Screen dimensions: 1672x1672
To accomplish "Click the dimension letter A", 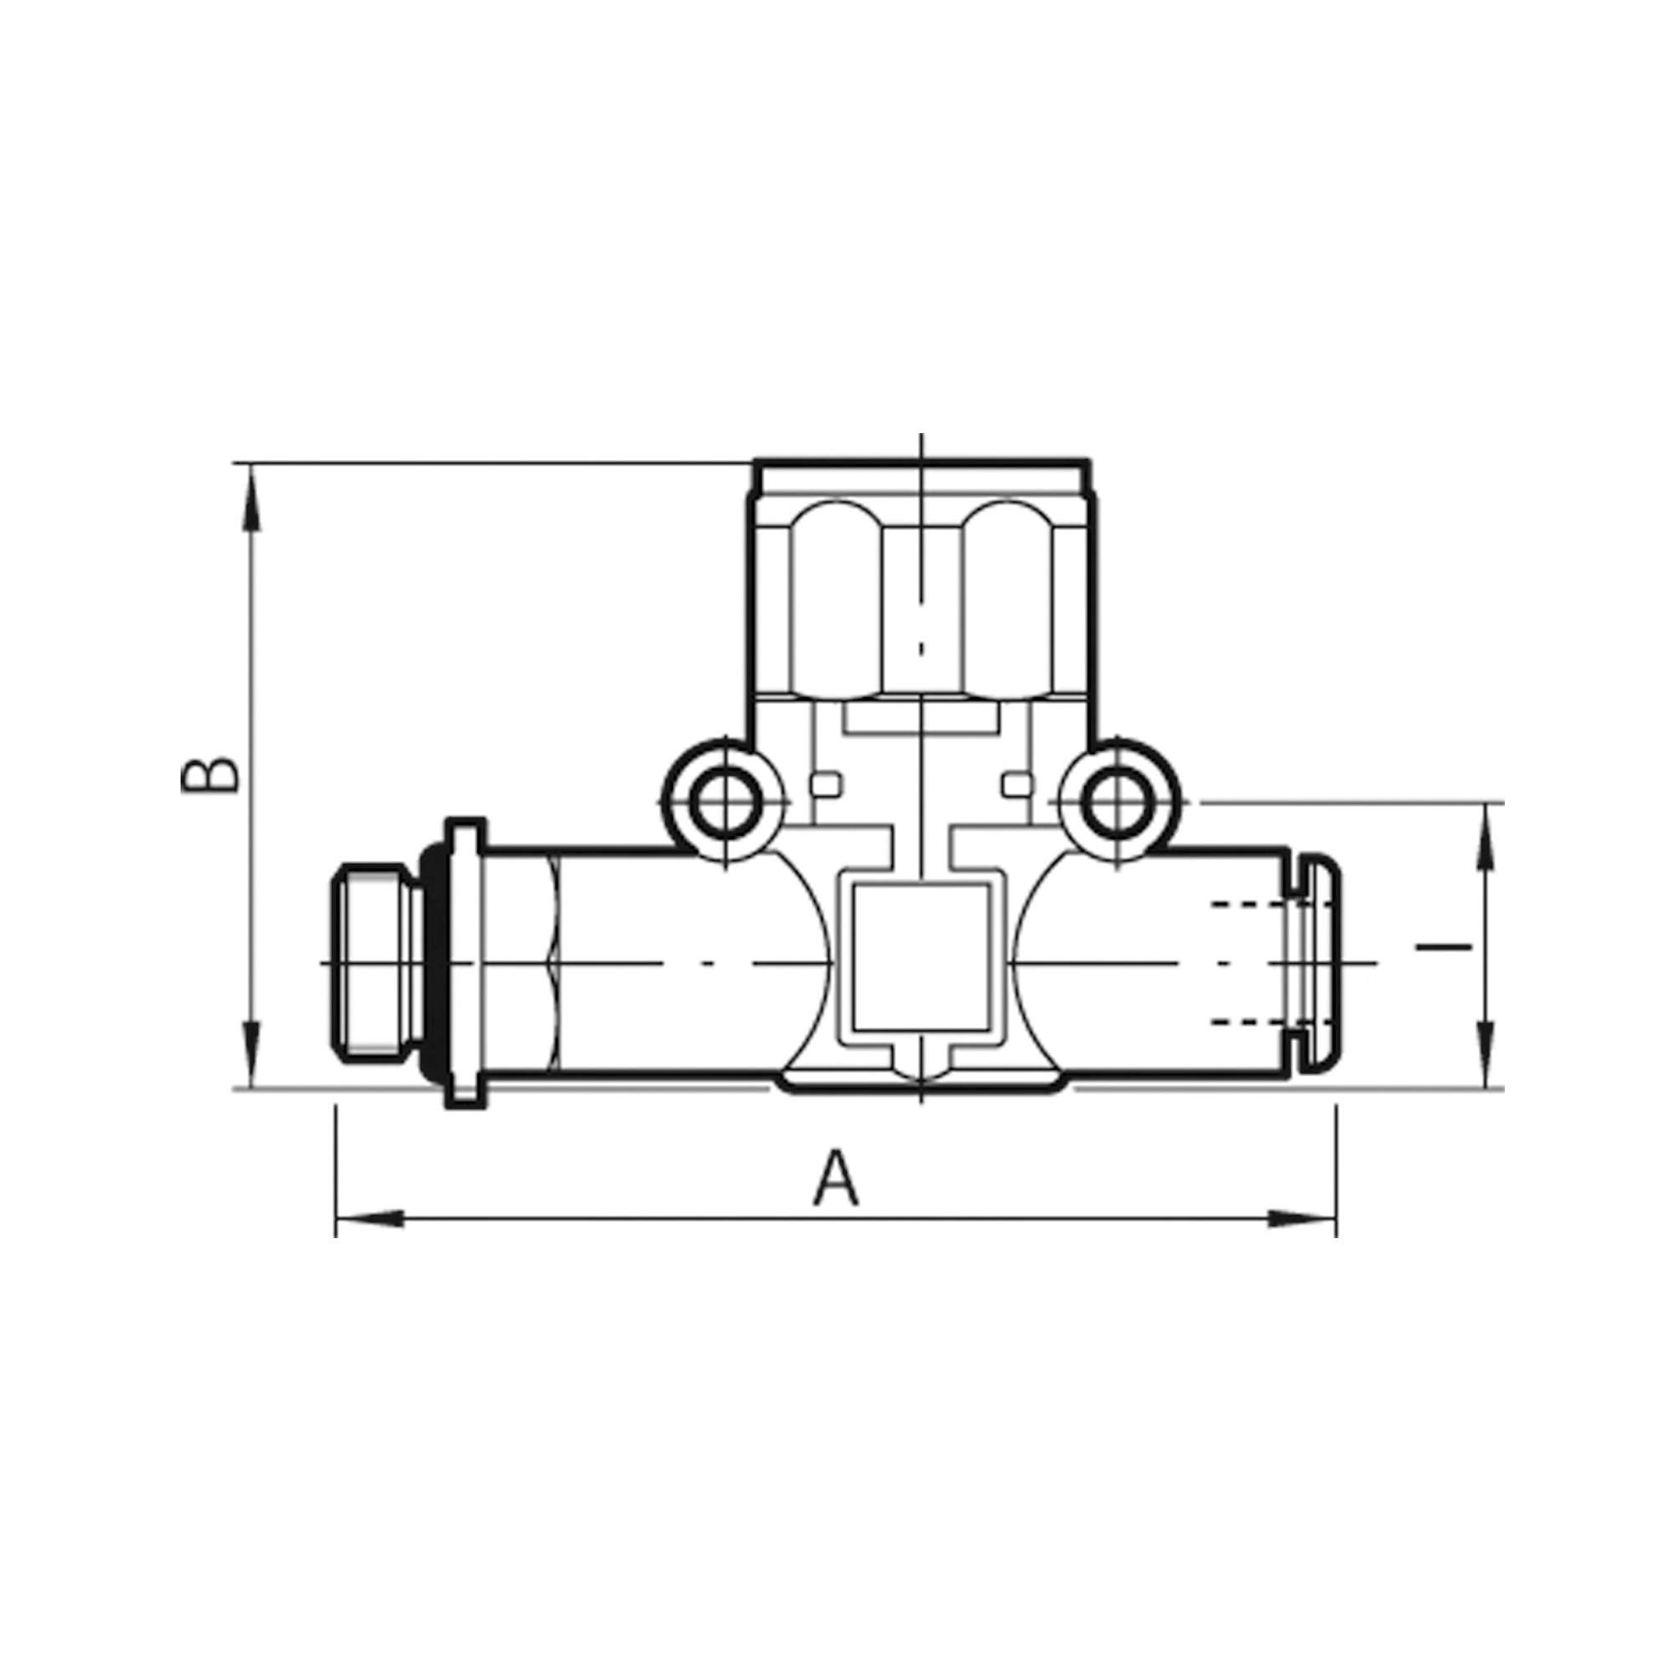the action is coord(836,1178).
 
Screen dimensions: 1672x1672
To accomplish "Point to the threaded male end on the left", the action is coord(373,962).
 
